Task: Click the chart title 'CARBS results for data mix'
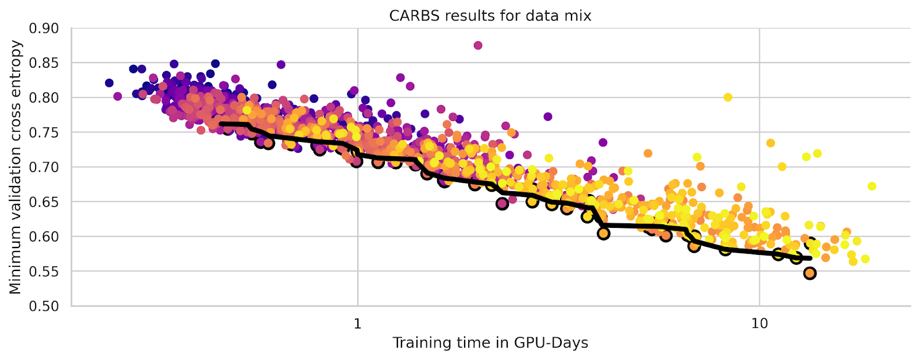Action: point(490,16)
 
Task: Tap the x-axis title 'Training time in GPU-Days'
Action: point(490,343)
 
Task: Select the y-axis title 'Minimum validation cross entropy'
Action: point(16,167)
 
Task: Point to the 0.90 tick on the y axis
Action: point(44,28)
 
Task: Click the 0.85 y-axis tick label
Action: point(44,63)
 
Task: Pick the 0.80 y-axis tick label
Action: point(44,98)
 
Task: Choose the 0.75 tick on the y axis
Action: point(44,132)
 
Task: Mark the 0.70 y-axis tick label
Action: point(44,167)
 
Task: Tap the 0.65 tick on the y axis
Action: point(44,202)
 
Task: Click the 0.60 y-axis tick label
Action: point(44,237)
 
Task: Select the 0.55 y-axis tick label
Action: point(44,271)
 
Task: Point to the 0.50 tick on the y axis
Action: point(44,306)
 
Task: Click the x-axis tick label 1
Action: point(357,323)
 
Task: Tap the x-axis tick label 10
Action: point(759,323)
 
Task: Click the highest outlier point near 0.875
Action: point(478,45)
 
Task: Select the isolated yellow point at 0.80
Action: point(728,97)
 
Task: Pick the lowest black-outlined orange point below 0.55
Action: point(810,273)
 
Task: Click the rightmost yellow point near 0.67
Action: point(872,186)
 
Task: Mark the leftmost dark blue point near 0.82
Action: point(109,83)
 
